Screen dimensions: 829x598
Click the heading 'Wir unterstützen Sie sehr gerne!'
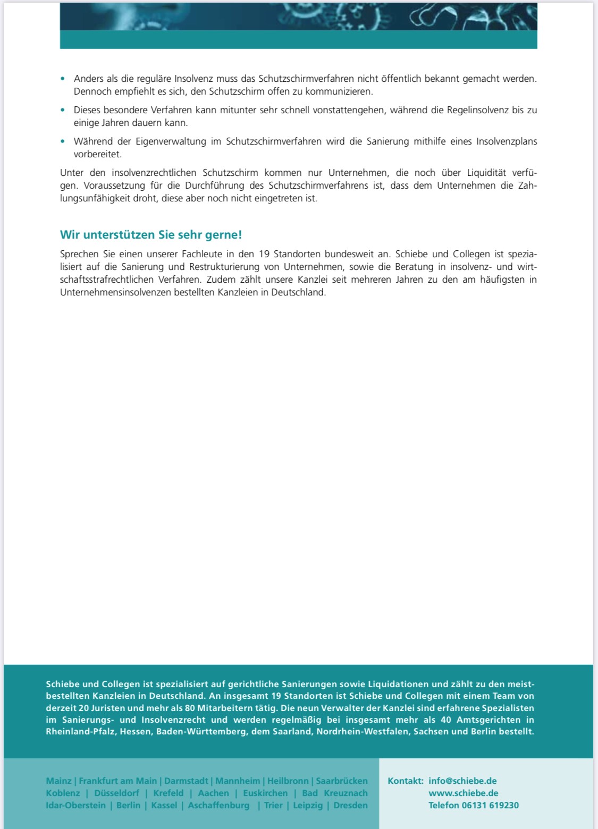[151, 235]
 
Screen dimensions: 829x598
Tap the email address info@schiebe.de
[462, 781]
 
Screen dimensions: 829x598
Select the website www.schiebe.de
[463, 793]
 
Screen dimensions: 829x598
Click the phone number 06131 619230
[490, 805]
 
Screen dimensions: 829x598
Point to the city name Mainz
[58, 781]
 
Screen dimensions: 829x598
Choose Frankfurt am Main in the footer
[118, 781]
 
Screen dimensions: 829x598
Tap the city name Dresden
[350, 805]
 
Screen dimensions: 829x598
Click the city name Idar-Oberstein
[75, 805]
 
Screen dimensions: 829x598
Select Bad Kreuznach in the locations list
[335, 793]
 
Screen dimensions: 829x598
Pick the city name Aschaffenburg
[218, 805]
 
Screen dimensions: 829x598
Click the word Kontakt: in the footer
[406, 781]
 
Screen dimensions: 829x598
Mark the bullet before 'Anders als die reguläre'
[63, 79]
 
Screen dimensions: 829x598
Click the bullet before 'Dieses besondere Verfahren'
[63, 110]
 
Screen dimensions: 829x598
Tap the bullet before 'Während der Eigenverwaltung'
[63, 141]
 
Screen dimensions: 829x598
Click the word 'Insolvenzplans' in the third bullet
[507, 141]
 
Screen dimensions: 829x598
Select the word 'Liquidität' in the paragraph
[486, 173]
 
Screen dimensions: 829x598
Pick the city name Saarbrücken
[342, 781]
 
